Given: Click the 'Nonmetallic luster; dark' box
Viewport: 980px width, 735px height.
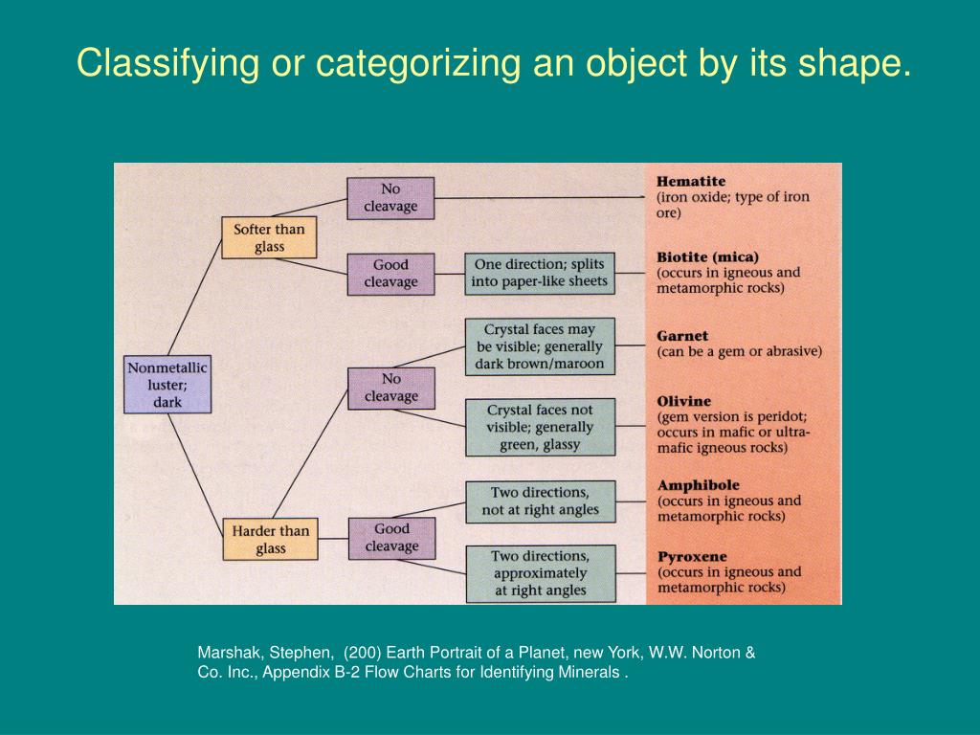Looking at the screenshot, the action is click(167, 385).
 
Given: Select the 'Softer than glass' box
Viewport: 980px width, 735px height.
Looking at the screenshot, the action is click(269, 237).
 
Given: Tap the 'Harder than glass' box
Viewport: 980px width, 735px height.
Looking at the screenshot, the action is click(269, 539).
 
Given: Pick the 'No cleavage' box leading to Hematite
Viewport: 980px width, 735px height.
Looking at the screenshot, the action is click(390, 198).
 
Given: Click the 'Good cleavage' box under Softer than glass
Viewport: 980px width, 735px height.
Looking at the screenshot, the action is click(390, 274).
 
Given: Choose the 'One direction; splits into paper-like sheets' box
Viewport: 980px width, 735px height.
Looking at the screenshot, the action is click(541, 273).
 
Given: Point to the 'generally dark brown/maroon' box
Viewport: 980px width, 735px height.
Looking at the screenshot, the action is click(541, 346).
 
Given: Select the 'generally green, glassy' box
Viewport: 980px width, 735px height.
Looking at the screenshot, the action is click(541, 427).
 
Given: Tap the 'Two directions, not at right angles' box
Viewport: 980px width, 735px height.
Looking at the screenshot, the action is click(541, 501).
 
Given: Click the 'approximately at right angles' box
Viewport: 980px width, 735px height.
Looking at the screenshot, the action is click(541, 572).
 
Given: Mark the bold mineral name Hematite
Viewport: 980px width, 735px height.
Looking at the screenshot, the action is click(691, 181).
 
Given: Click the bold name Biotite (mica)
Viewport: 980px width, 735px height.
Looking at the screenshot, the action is click(707, 256).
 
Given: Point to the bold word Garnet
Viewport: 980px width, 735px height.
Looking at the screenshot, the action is click(682, 336).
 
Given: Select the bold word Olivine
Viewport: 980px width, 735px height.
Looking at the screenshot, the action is click(684, 401).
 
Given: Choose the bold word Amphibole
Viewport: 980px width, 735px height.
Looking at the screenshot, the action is click(698, 485).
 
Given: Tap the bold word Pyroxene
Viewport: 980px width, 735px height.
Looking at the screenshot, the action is click(692, 556).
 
